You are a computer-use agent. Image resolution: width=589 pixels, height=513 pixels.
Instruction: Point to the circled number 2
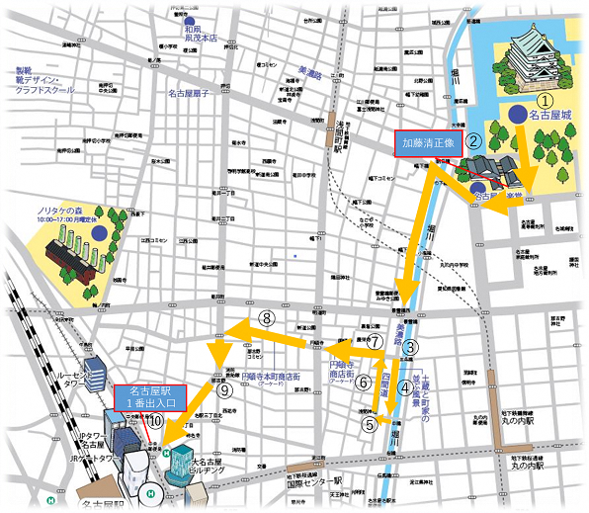tap(473, 140)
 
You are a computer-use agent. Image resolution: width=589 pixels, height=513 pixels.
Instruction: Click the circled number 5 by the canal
tap(370, 425)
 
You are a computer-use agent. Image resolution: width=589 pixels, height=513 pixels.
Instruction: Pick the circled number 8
tap(266, 317)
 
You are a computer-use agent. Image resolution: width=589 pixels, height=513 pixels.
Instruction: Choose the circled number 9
tap(224, 389)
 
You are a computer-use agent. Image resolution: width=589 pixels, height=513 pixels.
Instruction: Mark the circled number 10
tap(156, 420)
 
